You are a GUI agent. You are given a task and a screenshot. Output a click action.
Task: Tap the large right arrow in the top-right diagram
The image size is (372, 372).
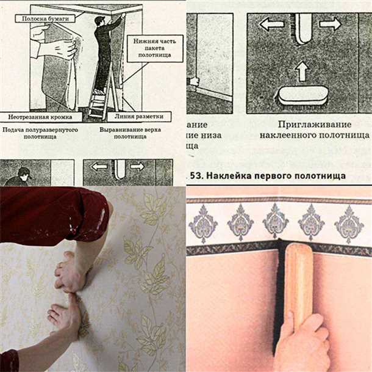point(330,24)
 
